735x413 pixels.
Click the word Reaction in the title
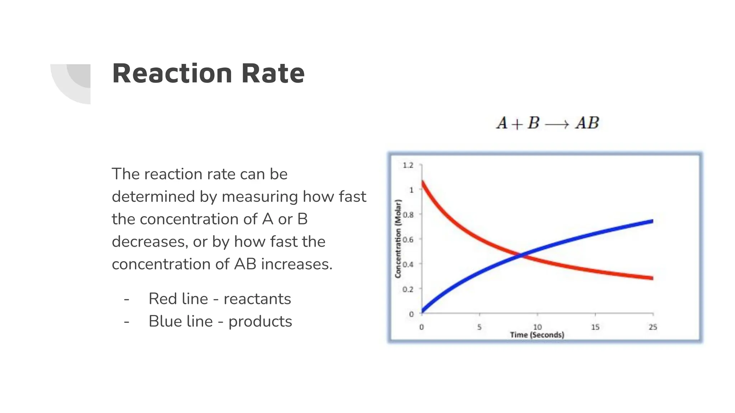pyautogui.click(x=171, y=73)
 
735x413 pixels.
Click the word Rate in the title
pyautogui.click(x=273, y=73)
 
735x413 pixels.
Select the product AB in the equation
pyautogui.click(x=587, y=123)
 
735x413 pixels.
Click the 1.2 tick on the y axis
pyautogui.click(x=408, y=165)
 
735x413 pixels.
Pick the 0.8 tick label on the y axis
pyautogui.click(x=408, y=215)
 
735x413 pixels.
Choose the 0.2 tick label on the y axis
pyautogui.click(x=408, y=289)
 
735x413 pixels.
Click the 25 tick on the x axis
pyautogui.click(x=653, y=327)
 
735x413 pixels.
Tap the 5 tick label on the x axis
pyautogui.click(x=479, y=327)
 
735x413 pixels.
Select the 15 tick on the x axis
pyautogui.click(x=595, y=327)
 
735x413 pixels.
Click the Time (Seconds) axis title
pyautogui.click(x=537, y=335)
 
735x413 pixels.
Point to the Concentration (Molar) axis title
pyautogui.click(x=398, y=239)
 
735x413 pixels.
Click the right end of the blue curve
pyautogui.click(x=652, y=222)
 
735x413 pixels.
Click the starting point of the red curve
pyautogui.click(x=423, y=182)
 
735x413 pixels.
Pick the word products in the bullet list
pyautogui.click(x=260, y=322)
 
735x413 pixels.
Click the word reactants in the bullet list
pyautogui.click(x=257, y=299)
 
